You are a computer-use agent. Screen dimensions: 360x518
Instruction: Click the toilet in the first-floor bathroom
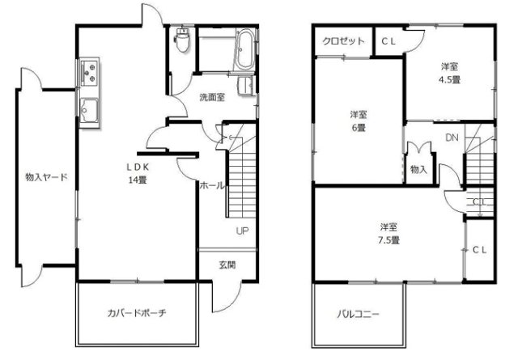(x=183, y=40)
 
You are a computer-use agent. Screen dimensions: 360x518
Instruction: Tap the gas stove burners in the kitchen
(x=89, y=75)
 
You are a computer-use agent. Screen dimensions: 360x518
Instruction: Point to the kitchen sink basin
(x=89, y=110)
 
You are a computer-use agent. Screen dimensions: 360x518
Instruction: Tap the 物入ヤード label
(x=45, y=177)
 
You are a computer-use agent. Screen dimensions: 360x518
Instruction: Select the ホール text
(x=211, y=185)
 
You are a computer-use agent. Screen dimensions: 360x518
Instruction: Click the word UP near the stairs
(x=242, y=231)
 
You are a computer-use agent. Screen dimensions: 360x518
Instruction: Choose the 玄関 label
(x=227, y=265)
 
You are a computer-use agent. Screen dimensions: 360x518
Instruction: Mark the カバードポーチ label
(x=136, y=313)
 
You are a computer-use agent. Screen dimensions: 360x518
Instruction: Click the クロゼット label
(x=341, y=41)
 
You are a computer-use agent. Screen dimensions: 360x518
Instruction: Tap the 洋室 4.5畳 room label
(x=450, y=72)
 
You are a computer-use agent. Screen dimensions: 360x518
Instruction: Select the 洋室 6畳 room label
(x=359, y=121)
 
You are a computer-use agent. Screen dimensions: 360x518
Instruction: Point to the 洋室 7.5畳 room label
(x=390, y=232)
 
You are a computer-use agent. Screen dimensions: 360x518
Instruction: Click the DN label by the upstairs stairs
(x=452, y=138)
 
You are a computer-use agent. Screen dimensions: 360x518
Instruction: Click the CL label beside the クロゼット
(x=388, y=41)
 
